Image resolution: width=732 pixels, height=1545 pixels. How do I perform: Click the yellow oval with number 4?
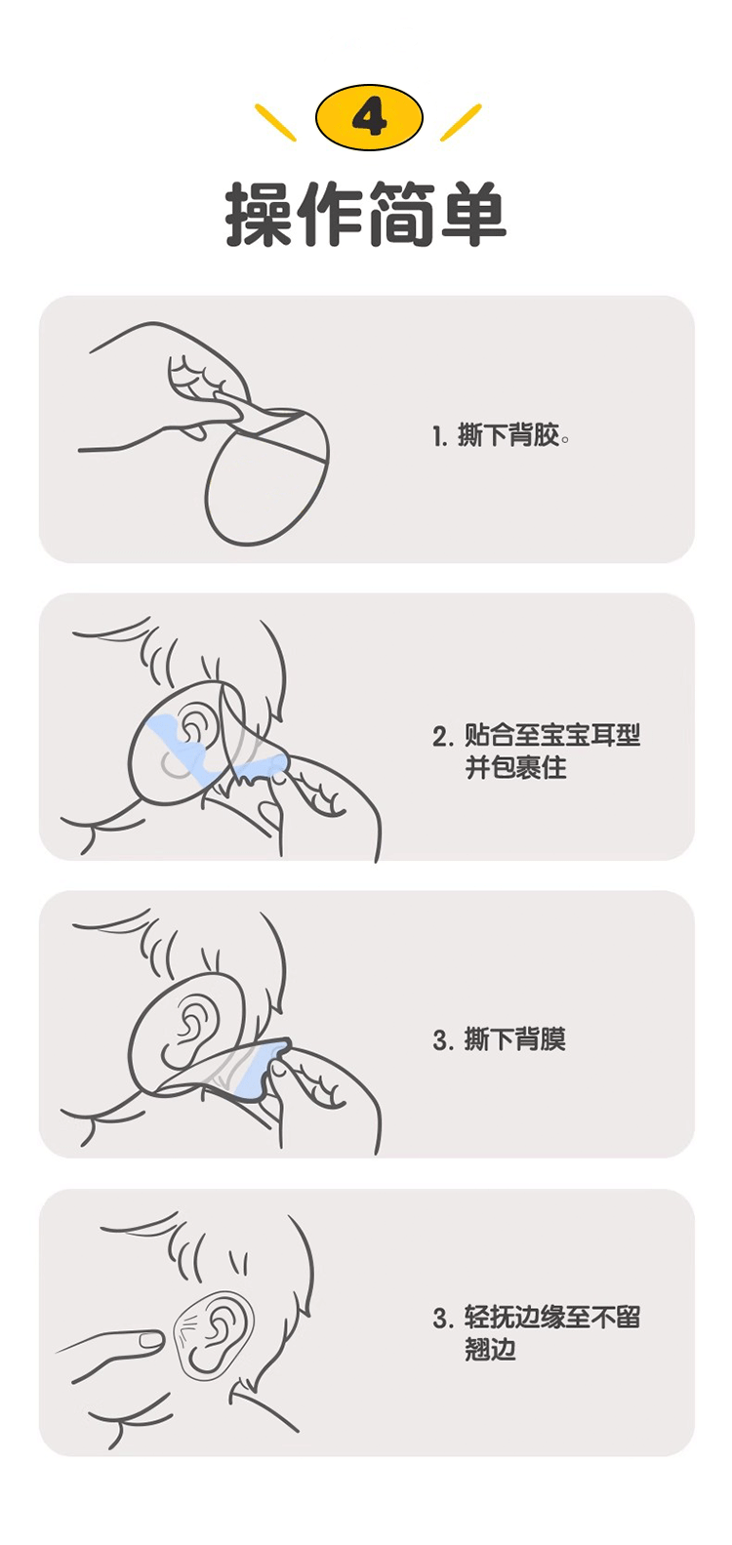[369, 118]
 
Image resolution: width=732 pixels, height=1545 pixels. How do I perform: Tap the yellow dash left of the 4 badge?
[275, 122]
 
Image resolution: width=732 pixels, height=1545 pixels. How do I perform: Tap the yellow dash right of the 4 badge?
[461, 122]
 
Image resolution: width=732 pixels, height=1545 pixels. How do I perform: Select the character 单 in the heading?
[473, 214]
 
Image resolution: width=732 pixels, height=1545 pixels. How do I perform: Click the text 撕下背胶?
[511, 435]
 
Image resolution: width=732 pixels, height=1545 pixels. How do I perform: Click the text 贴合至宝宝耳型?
[552, 735]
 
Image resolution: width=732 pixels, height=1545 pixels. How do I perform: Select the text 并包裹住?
[516, 767]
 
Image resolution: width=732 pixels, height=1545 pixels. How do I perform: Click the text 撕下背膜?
[515, 1039]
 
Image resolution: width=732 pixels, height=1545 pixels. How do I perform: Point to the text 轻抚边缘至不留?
[552, 1318]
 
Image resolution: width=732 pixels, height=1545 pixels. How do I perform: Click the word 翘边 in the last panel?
[490, 1350]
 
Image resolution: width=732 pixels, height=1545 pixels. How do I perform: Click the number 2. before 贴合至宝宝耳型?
[443, 736]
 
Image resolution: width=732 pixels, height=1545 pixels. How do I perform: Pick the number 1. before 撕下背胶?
[440, 436]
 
